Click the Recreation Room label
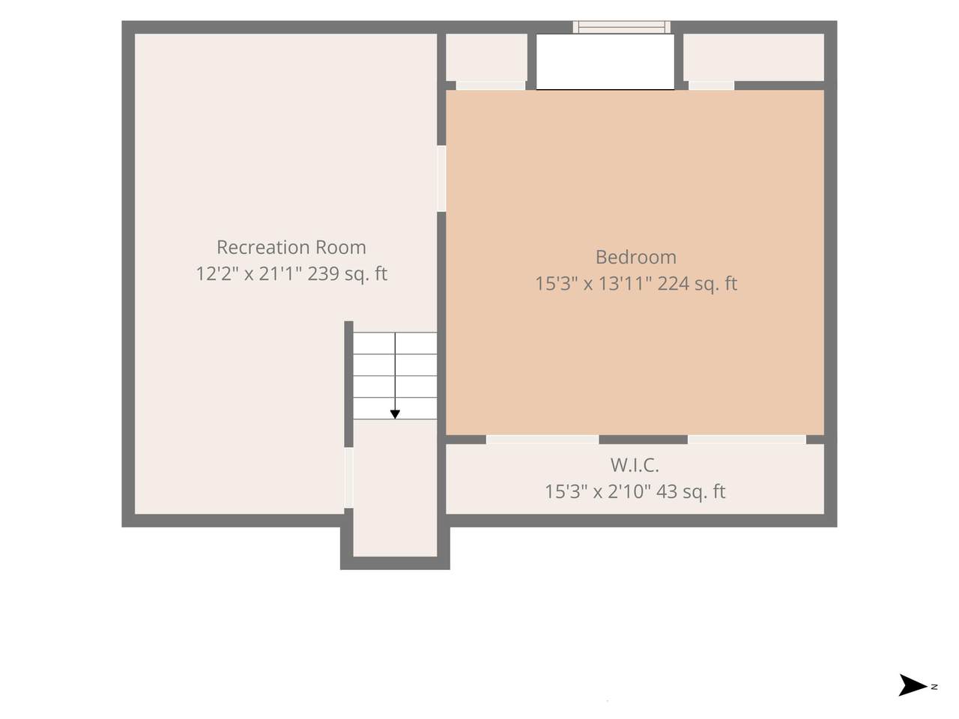pos(291,247)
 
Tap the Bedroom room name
pos(635,257)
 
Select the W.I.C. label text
pos(635,465)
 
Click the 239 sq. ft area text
pos(348,274)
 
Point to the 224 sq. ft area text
pos(698,284)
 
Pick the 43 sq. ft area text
pos(691,492)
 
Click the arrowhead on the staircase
pos(395,414)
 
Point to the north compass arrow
pos(913,697)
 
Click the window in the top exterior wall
pos(621,27)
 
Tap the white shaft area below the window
pos(605,61)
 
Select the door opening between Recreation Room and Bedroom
pos(441,178)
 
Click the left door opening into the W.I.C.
pos(542,440)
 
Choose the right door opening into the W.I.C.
pos(747,440)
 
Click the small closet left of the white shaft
pos(486,57)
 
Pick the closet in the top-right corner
pos(754,57)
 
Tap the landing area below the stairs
pos(395,488)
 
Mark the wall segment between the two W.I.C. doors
pos(643,440)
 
